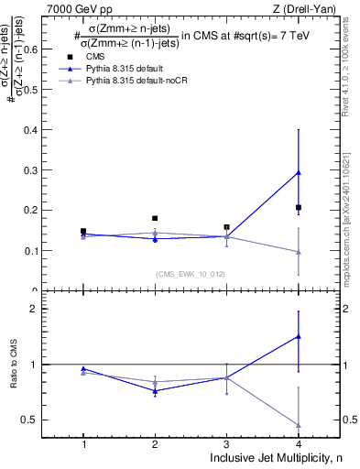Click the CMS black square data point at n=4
click(299, 208)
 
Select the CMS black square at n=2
click(155, 218)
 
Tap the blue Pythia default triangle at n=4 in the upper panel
click(299, 172)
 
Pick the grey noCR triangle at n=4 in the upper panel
click(299, 252)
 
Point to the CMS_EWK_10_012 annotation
click(191, 274)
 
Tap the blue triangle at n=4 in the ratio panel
click(299, 336)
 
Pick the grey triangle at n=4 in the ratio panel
click(299, 424)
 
